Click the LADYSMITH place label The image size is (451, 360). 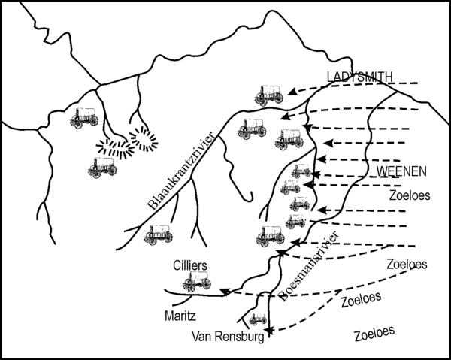click(359, 77)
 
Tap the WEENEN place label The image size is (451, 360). click(401, 171)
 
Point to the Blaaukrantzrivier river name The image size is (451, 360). click(181, 171)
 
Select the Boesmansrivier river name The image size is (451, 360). click(310, 266)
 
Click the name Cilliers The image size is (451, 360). click(190, 265)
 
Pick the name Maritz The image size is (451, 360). click(180, 316)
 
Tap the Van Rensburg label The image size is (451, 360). click(228, 337)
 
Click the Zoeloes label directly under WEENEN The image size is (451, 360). click(410, 195)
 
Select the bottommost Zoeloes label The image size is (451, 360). click(374, 334)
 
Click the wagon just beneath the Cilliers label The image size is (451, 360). click(197, 281)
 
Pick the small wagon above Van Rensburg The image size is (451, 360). click(258, 319)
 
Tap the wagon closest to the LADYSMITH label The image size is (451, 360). click(268, 95)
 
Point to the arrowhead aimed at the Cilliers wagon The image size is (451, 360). click(224, 292)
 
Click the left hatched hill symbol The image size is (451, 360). click(114, 147)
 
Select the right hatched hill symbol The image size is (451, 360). click(144, 138)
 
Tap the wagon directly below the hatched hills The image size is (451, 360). click(103, 168)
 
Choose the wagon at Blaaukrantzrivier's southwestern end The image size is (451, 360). click(159, 235)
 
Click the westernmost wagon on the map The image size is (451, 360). click(84, 118)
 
